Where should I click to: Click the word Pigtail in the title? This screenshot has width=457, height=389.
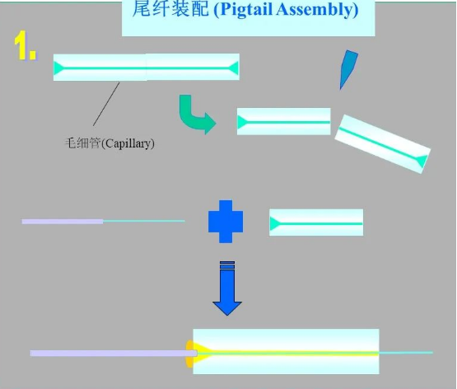245,9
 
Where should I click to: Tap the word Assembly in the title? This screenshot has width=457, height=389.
317,9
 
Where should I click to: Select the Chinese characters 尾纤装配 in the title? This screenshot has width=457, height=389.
170,8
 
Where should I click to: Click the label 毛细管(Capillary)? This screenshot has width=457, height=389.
110,143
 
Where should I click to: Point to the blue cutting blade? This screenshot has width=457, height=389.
347,69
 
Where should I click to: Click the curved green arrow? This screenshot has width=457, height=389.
194,114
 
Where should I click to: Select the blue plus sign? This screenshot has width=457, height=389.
226,222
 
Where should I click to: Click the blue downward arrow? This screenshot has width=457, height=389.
227,288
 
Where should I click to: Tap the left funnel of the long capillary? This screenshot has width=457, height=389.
58,68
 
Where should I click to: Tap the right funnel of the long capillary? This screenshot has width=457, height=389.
234,68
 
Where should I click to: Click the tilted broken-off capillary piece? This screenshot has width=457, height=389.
383,143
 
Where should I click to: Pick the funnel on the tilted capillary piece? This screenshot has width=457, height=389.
422,161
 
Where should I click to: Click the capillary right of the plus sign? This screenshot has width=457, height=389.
316,223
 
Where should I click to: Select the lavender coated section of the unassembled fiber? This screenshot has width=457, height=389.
63,222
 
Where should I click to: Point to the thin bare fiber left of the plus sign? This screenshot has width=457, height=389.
144,221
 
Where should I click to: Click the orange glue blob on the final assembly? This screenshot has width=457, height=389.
189,353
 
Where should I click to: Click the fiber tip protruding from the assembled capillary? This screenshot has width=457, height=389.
406,353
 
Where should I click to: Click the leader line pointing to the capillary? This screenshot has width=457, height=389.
106,104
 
